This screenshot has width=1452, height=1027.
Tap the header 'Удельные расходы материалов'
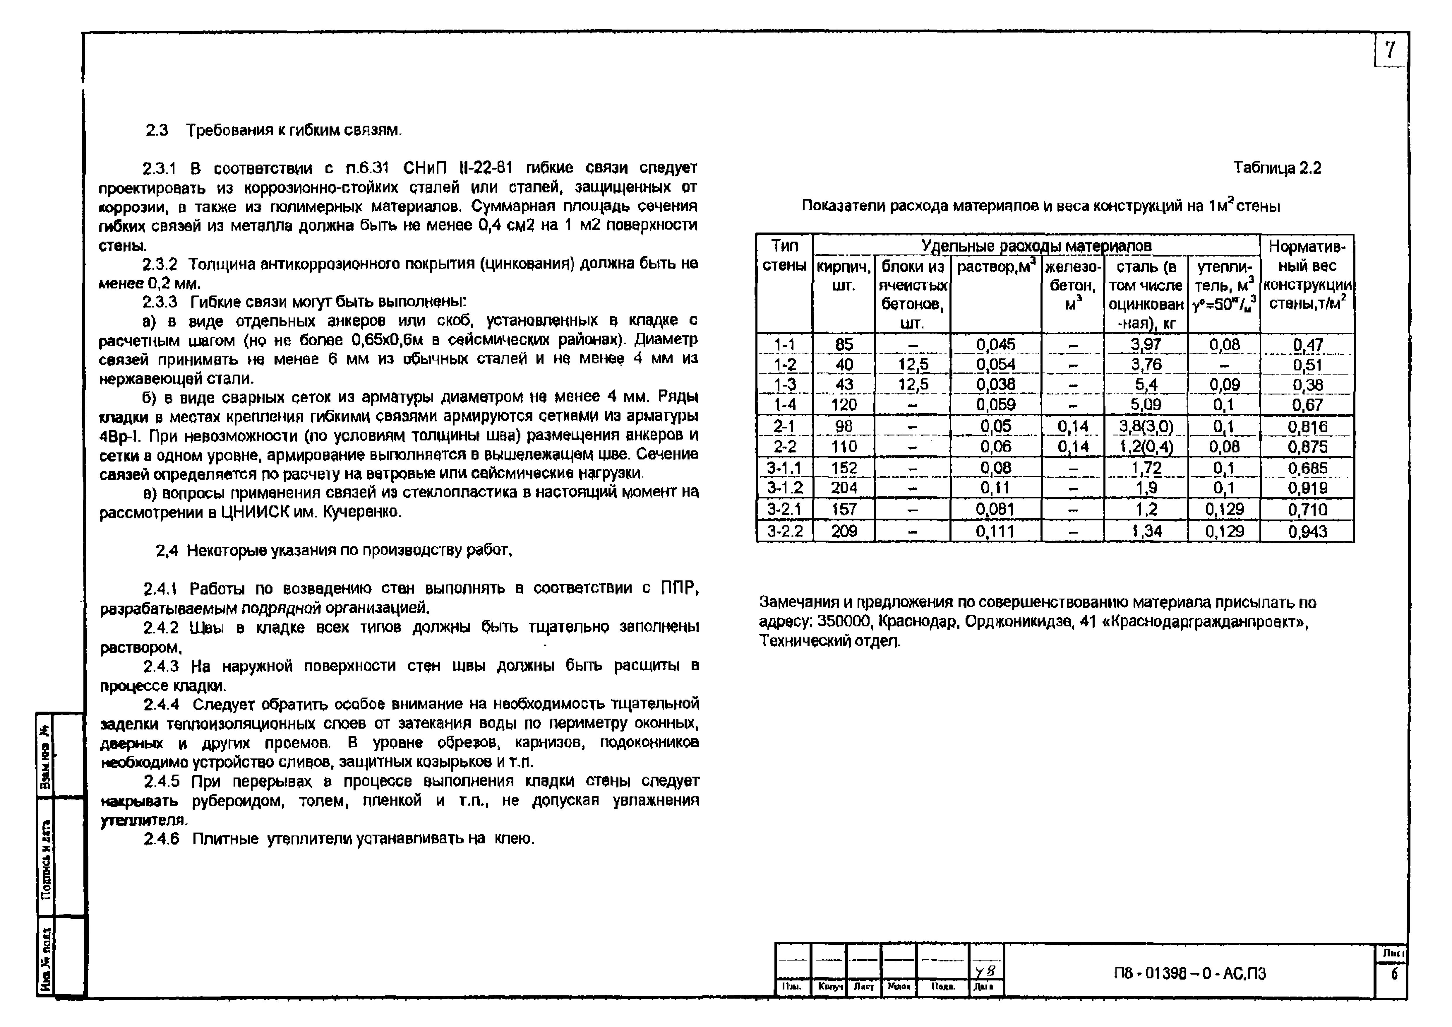(x=1036, y=245)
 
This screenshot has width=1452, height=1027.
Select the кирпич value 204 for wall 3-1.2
(x=844, y=488)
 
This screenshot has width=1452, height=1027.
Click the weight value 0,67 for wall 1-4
(x=1307, y=405)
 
